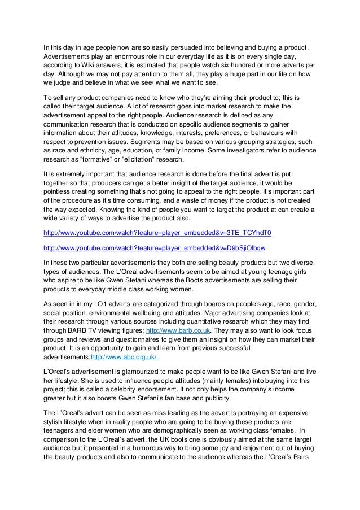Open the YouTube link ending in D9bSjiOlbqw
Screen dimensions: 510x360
click(155, 247)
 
